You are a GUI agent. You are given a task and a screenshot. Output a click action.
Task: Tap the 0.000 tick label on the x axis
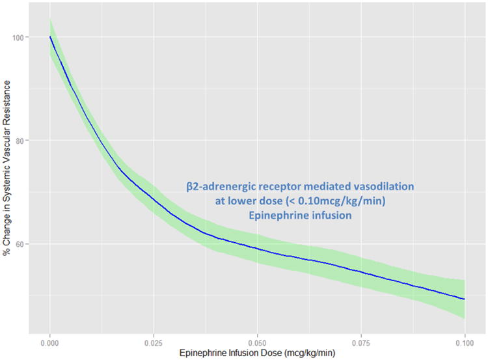[50, 340]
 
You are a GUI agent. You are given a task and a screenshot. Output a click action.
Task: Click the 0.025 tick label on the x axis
[154, 340]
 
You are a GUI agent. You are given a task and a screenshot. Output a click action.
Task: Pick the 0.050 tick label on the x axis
[258, 340]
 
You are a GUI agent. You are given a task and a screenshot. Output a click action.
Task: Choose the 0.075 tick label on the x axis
[361, 340]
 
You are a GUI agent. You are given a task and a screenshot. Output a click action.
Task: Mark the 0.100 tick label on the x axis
[465, 340]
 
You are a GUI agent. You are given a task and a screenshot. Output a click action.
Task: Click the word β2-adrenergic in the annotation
[219, 187]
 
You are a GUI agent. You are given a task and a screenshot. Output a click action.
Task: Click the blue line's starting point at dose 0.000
[50, 36]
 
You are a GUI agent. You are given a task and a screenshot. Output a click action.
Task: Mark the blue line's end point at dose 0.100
[465, 299]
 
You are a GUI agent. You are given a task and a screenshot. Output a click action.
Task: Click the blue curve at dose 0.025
[154, 197]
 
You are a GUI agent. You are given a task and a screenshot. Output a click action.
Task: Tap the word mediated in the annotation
[327, 187]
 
